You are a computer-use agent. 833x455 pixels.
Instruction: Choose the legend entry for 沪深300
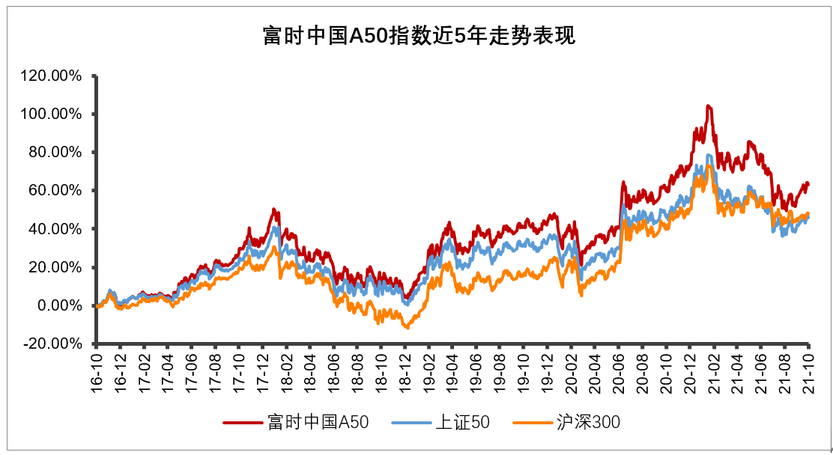pyautogui.click(x=588, y=423)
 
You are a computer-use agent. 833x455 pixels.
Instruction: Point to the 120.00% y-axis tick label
pyautogui.click(x=52, y=76)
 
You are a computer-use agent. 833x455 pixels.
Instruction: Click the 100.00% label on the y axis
pyautogui.click(x=52, y=114)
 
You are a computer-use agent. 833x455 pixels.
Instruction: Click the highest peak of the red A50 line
pyautogui.click(x=708, y=106)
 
